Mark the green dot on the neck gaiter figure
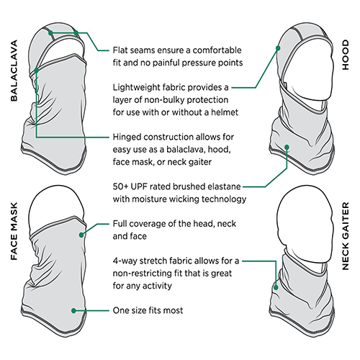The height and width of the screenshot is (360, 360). [277, 286]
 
